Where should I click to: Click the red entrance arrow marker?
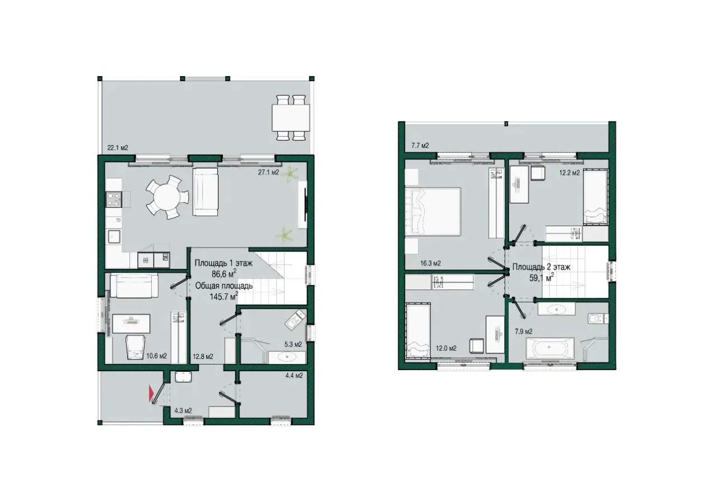tap(151, 393)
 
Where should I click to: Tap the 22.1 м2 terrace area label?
tap(118, 148)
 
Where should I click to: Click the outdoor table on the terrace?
tap(291, 118)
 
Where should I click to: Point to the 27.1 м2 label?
tap(268, 172)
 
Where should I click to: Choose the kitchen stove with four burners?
tap(114, 199)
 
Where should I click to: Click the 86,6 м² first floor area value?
tap(224, 274)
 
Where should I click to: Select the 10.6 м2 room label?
tap(156, 356)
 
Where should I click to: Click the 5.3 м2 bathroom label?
tap(293, 344)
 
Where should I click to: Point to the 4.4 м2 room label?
tap(294, 375)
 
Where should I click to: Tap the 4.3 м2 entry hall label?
tap(183, 410)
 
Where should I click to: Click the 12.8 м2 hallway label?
tap(203, 356)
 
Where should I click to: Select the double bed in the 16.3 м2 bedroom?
tap(433, 212)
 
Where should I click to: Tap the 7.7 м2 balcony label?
tap(420, 146)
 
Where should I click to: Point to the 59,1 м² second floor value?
tap(542, 278)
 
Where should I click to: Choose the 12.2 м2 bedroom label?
tap(570, 173)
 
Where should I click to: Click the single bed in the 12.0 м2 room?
tap(418, 331)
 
